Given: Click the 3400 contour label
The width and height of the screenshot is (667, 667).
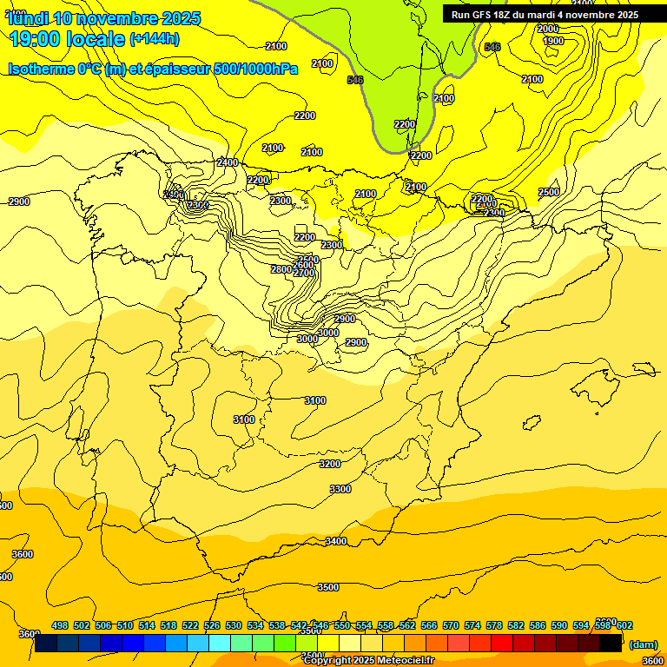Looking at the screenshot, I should [x=336, y=541].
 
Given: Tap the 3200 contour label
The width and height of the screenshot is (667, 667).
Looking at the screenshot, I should [x=330, y=464].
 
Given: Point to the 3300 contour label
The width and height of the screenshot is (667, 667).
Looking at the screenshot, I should [x=340, y=489].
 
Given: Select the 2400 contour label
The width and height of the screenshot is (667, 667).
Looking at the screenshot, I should [x=228, y=162].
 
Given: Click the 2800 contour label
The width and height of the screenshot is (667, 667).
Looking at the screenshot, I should [x=281, y=269].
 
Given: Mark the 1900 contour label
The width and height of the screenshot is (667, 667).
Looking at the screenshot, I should [x=552, y=41].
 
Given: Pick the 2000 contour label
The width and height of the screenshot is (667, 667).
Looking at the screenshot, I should [x=548, y=29].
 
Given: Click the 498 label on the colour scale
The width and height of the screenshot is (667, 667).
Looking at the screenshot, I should [x=60, y=625].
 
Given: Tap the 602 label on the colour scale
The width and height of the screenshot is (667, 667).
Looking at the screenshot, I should [x=624, y=625].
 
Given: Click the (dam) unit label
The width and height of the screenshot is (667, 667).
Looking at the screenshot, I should [x=644, y=644].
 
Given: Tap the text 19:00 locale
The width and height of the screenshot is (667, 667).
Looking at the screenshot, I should [x=67, y=38].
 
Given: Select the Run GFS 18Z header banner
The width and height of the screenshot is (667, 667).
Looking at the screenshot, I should [x=545, y=15].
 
